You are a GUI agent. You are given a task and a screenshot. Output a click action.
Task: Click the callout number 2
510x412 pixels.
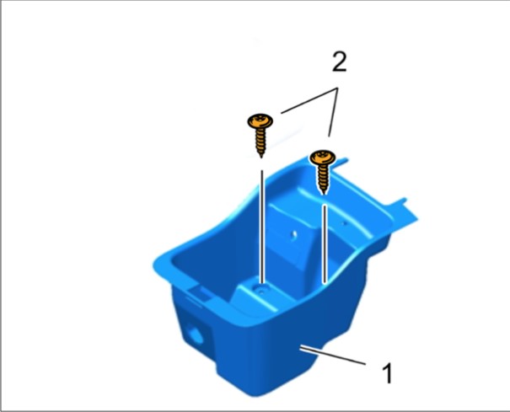339,62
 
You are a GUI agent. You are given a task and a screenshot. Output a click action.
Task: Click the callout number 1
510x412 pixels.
387,372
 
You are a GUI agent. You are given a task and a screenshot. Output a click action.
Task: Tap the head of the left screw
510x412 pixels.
260,121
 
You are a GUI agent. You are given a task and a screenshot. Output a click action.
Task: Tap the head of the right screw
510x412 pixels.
323,158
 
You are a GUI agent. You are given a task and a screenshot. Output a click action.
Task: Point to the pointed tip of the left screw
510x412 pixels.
260,157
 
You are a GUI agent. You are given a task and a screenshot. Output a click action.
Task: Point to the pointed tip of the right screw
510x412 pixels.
324,194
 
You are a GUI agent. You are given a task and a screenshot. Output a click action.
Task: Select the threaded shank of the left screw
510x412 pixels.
260,141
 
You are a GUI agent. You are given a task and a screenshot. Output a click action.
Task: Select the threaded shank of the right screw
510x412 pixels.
323,178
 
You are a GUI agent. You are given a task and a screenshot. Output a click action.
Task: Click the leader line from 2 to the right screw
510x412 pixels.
333,112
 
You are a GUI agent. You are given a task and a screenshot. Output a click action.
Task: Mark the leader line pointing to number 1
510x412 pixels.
333,356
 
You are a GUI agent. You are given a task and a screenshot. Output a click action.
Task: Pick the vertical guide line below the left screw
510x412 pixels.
262,227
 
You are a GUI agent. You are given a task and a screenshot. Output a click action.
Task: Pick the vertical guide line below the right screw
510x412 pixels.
325,243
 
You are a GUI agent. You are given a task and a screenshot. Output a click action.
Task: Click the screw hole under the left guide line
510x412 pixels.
260,290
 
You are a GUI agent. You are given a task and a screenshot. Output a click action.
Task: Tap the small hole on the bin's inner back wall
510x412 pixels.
294,234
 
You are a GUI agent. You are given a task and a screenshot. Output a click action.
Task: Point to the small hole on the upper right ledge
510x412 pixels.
345,223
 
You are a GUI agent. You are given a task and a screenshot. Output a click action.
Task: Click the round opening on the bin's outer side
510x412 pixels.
196,335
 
